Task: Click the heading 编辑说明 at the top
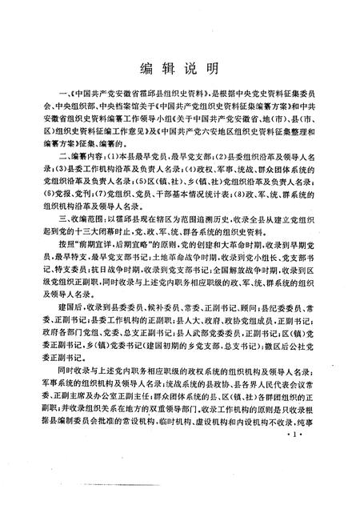[179, 66]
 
